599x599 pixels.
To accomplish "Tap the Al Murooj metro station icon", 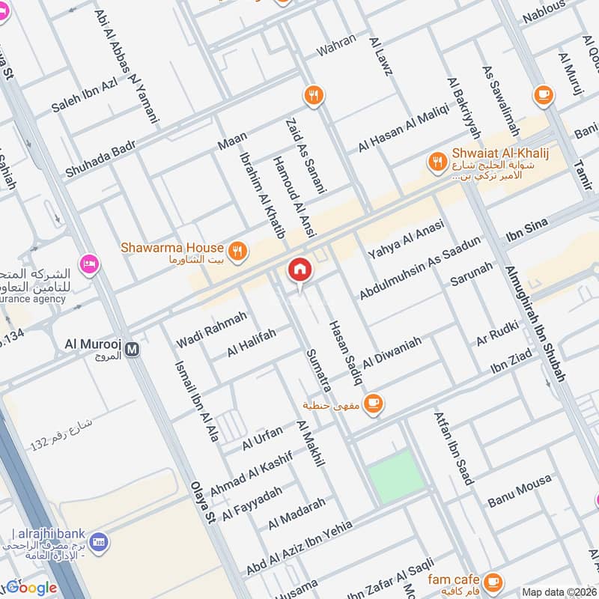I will (x=133, y=349).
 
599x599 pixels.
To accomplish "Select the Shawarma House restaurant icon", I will (x=238, y=251).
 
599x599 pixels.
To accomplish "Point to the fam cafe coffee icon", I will (x=493, y=581).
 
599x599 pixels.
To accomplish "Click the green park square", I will (x=395, y=477).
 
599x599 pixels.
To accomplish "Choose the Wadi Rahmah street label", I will (x=211, y=329).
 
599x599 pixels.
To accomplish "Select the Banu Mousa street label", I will (x=519, y=490).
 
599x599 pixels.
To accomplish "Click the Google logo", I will (x=31, y=588).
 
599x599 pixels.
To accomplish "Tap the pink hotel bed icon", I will (x=90, y=264).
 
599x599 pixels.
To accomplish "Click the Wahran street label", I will (x=336, y=46).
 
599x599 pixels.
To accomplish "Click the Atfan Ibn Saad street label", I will (x=454, y=447).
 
